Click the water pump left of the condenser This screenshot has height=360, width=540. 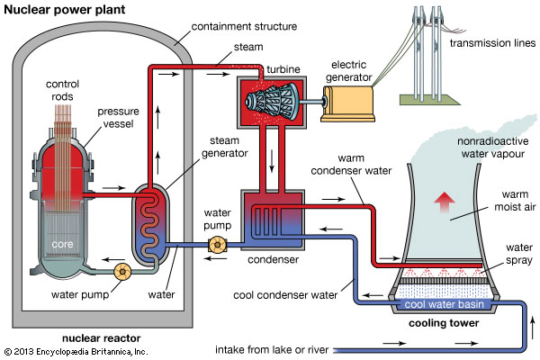216,244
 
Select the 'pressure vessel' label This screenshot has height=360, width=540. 119,119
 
